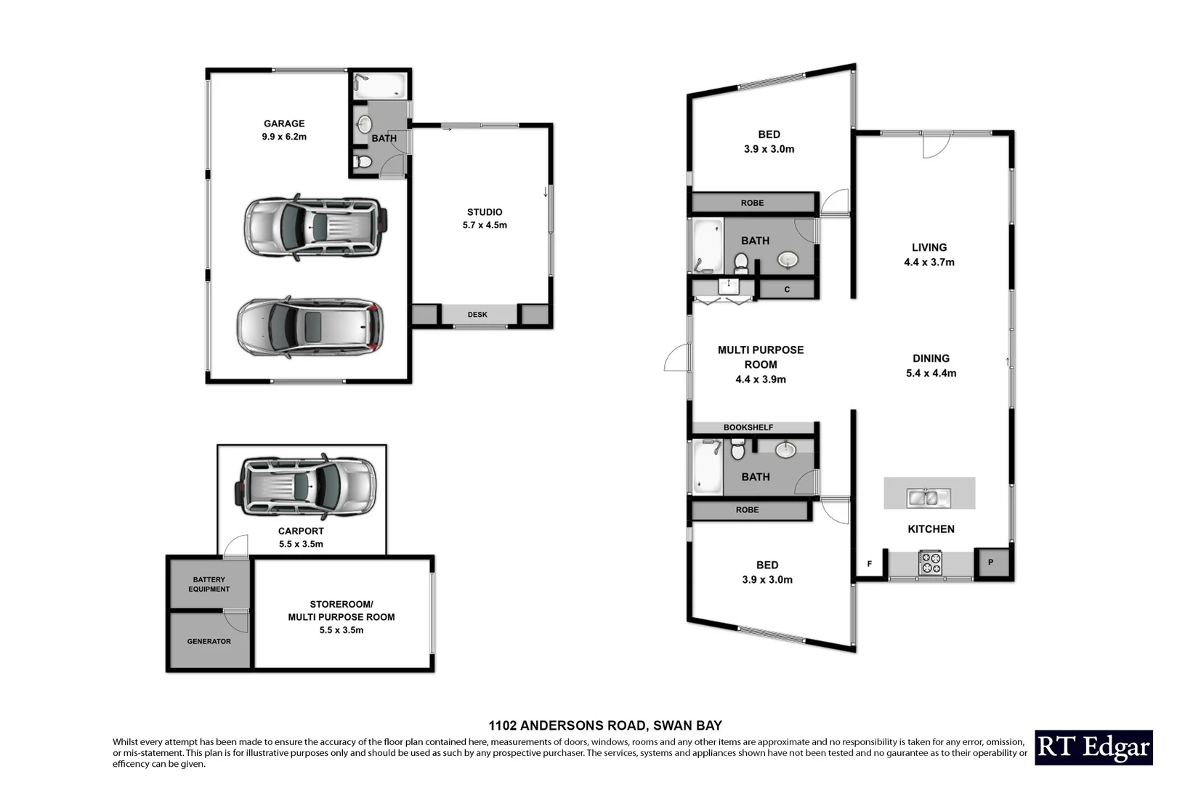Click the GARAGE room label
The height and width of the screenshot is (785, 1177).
click(x=284, y=130)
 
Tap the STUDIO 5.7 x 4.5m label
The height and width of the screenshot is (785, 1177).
click(x=485, y=219)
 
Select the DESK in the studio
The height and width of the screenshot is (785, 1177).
click(x=478, y=315)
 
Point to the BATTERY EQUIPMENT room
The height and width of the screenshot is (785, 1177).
click(x=209, y=584)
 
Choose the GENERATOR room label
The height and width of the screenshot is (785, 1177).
click(x=209, y=641)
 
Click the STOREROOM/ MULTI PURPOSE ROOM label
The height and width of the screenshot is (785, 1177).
click(x=341, y=617)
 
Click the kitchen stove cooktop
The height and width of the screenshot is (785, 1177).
click(x=930, y=563)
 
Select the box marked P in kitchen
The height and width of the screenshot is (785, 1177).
click(x=990, y=563)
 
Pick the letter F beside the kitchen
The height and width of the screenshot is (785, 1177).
click(x=870, y=564)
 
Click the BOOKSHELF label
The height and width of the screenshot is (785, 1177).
click(x=748, y=427)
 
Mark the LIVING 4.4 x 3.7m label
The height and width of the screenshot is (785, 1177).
click(x=929, y=254)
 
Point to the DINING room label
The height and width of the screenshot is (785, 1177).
click(x=931, y=366)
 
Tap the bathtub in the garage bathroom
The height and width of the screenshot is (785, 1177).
click(x=379, y=86)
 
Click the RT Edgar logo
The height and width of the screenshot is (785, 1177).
click(x=1093, y=747)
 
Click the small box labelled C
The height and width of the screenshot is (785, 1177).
click(x=787, y=289)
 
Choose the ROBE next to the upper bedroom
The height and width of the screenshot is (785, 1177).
click(x=753, y=203)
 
